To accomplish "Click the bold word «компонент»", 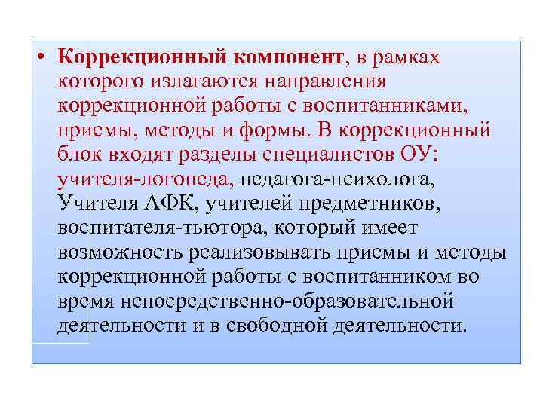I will pos(288,57).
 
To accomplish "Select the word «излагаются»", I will pos(207,81).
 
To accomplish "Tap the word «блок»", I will pos(79,155).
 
